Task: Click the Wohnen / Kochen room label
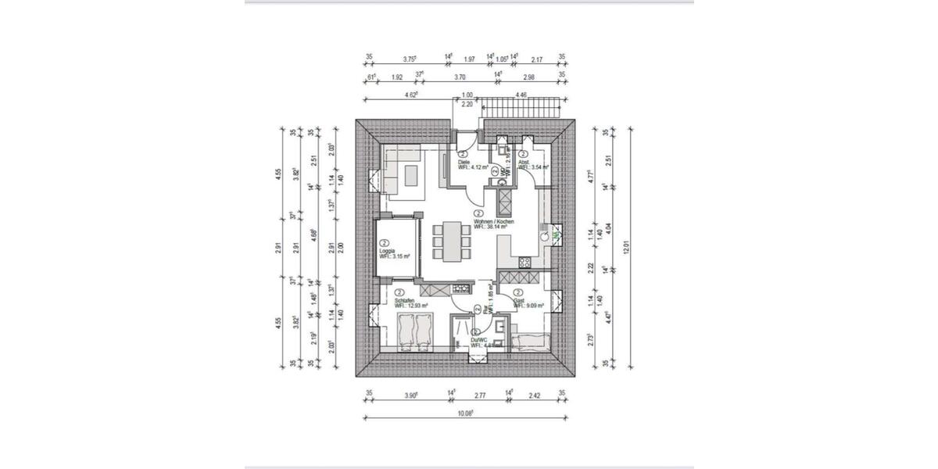click(x=494, y=221)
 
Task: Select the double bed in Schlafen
click(x=414, y=331)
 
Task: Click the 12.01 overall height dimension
click(x=625, y=248)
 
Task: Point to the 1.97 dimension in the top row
click(x=470, y=58)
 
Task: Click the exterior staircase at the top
click(x=521, y=109)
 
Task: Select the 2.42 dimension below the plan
click(x=534, y=396)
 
